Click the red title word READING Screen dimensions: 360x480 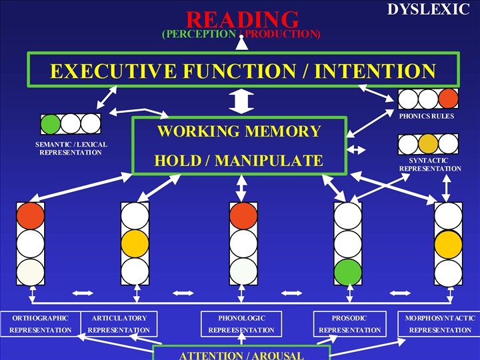pos(242,19)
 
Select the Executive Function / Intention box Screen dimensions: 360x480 pos(243,69)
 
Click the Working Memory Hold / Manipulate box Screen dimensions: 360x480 pos(239,145)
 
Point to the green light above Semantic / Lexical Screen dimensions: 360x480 pos(51,123)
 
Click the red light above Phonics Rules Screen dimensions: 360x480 pos(448,99)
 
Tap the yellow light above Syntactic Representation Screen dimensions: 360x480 pos(428,143)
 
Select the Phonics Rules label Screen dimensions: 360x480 pos(427,116)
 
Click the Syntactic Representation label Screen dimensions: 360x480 pos(429,164)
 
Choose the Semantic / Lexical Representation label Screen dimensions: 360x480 pos(71,148)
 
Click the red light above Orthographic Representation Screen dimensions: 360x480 pos(31,215)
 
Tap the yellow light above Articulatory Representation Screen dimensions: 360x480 pos(135,243)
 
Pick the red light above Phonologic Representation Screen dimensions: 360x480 pos(243,215)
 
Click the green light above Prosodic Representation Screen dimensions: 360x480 pos(348,271)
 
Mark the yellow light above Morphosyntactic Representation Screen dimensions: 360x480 pos(448,243)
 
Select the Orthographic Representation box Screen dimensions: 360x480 pos(40,323)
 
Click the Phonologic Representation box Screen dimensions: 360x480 pos(241,323)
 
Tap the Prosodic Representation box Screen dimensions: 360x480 pos(349,323)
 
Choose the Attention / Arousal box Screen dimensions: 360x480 pos(241,353)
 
